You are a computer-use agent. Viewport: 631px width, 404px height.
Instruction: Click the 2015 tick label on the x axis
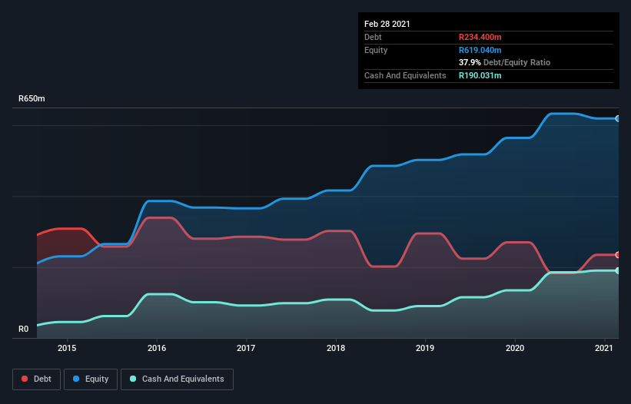tap(67, 348)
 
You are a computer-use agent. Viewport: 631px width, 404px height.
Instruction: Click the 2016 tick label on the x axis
tap(157, 348)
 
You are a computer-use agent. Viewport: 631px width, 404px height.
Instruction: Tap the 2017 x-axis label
tap(246, 348)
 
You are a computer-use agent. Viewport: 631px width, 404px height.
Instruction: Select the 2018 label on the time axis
tap(336, 348)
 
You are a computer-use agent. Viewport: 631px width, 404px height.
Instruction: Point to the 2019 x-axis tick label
tap(426, 348)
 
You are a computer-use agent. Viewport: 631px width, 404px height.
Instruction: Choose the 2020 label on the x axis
tap(515, 348)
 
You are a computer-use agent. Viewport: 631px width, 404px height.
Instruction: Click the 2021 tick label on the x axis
tap(605, 348)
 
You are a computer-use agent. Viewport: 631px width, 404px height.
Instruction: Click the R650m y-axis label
tap(32, 99)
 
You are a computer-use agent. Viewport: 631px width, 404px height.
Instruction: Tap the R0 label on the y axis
tap(24, 329)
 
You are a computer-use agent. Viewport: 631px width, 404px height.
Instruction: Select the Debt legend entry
tap(33, 379)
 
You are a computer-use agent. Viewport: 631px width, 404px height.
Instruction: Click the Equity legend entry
tap(91, 379)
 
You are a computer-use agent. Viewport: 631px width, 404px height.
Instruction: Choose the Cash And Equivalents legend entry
tap(177, 379)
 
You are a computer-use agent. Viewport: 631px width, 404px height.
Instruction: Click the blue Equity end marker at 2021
tap(617, 118)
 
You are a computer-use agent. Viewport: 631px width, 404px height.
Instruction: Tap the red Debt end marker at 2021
tap(617, 255)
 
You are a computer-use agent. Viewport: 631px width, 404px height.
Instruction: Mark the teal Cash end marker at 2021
tap(617, 270)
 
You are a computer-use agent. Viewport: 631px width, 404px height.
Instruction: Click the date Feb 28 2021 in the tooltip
tap(387, 24)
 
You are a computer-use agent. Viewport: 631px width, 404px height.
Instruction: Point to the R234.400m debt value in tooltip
tap(480, 37)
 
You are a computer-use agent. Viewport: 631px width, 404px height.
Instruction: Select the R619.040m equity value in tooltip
tap(480, 50)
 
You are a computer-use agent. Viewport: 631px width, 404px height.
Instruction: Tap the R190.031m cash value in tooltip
tap(480, 75)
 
